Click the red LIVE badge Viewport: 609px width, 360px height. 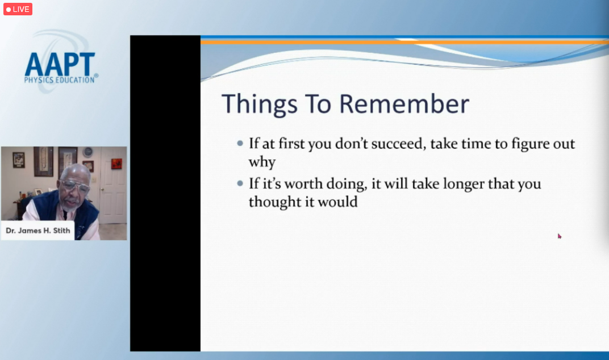(18, 9)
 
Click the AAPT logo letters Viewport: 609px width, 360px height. (60, 64)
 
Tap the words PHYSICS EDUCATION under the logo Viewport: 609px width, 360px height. (60, 80)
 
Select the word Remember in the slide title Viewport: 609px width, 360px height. (404, 104)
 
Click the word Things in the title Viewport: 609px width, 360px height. (260, 104)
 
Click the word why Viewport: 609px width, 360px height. (262, 162)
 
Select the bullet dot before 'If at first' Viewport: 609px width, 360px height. (240, 143)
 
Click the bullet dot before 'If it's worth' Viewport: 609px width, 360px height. (240, 183)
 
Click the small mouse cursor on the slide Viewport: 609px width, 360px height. (559, 236)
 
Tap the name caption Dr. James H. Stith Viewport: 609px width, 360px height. (37, 231)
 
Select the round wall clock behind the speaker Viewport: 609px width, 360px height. (88, 152)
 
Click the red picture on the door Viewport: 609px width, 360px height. (116, 164)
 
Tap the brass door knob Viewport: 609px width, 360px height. (102, 190)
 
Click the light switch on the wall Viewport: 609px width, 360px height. (94, 180)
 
